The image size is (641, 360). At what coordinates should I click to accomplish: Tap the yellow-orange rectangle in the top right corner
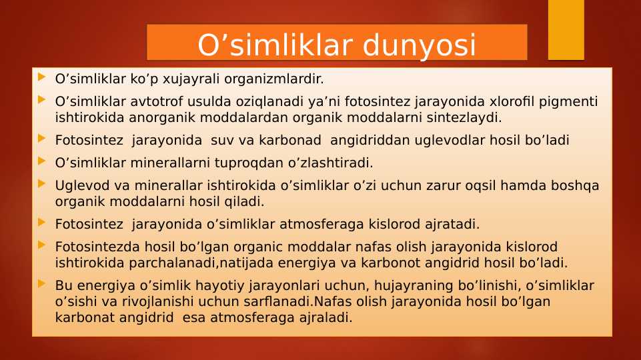566,29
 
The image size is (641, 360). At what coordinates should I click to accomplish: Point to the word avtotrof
164,102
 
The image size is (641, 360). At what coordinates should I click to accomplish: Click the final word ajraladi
321,317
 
